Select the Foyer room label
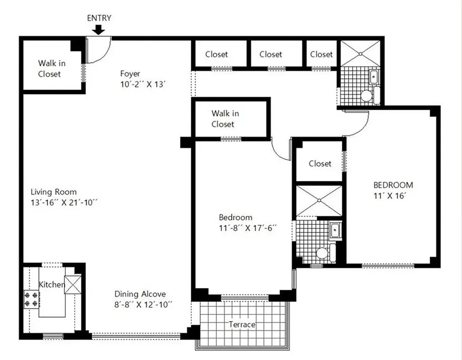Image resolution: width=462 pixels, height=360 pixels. [130, 73]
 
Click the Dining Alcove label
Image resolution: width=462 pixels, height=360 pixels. [140, 294]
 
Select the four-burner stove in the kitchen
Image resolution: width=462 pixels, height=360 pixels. [31, 299]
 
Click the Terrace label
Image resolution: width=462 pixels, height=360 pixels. [242, 324]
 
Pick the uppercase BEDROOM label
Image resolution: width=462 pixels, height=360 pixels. [393, 185]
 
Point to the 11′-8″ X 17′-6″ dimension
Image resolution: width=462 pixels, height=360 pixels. [247, 228]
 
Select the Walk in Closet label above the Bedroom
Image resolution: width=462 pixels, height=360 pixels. [225, 119]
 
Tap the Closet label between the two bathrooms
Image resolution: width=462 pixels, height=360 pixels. [320, 164]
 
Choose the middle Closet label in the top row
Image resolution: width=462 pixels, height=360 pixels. [271, 54]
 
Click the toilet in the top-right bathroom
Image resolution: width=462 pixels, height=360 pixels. [367, 95]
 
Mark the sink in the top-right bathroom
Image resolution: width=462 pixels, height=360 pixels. [373, 77]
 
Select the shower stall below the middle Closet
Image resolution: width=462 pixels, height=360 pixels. [318, 201]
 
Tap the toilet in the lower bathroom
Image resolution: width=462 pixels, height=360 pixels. [322, 253]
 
